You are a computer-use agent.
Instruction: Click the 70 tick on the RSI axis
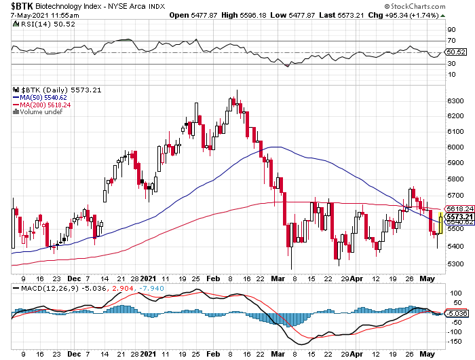(450, 41)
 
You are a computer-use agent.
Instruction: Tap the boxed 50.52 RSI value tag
(455, 52)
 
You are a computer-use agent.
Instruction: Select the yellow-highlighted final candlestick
(440, 223)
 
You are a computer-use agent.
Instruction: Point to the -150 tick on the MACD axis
(453, 342)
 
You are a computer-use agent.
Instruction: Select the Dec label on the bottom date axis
(74, 354)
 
